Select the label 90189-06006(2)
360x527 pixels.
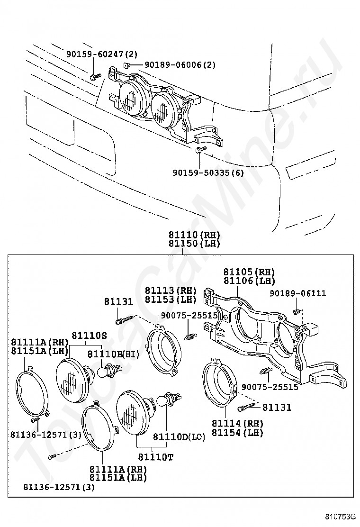(180, 64)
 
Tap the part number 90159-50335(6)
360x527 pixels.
(208, 173)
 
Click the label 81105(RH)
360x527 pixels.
(249, 272)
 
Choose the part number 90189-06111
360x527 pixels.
(298, 293)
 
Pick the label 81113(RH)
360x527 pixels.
(171, 291)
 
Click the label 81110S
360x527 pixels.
(89, 335)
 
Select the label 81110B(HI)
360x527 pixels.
(114, 354)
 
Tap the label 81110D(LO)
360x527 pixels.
(179, 437)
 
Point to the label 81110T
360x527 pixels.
(156, 457)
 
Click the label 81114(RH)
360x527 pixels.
(237, 424)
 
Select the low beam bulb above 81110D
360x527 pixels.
(169, 400)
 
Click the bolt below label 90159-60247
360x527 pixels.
(95, 77)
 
